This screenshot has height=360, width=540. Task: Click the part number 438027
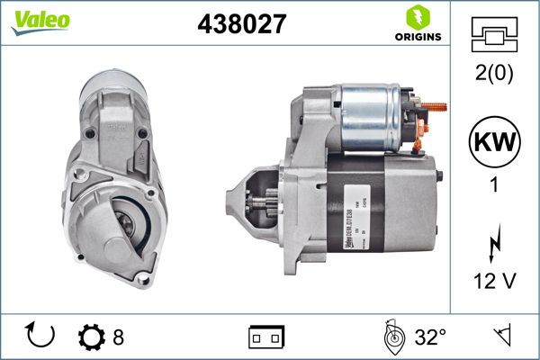tap(241, 24)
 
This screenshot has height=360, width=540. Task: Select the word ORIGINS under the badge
tap(418, 37)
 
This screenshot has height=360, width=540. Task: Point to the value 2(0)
tap(495, 75)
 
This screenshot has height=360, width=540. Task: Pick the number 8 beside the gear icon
tap(118, 337)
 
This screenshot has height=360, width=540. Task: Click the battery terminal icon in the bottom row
tap(265, 337)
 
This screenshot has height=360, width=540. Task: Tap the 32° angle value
tap(430, 337)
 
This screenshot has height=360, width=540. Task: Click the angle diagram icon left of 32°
tap(392, 337)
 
